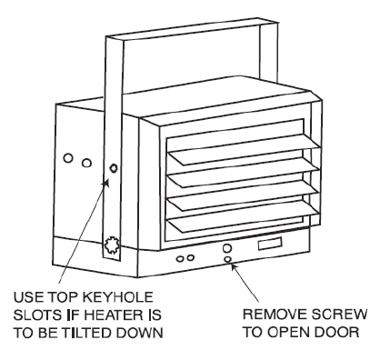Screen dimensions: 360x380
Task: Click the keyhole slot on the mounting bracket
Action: coord(114,169)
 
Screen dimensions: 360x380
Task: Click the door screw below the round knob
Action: coord(227,260)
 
